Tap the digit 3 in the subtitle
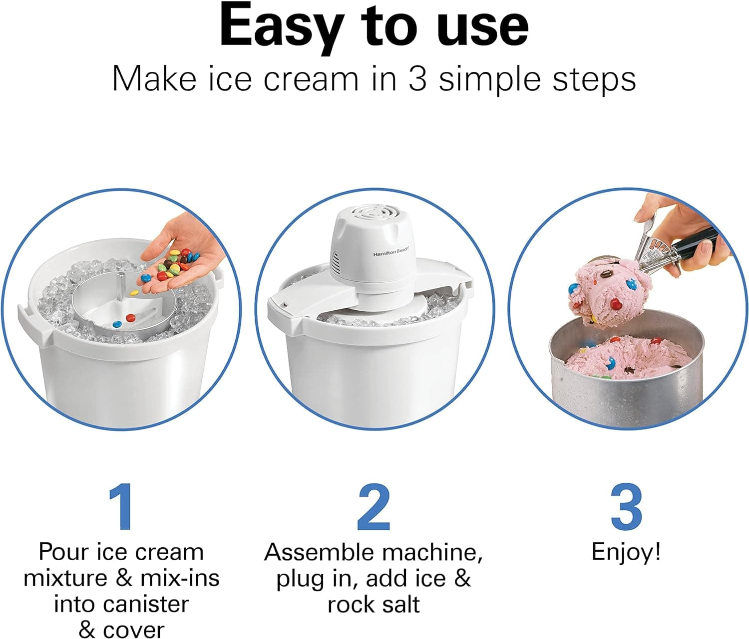(417, 79)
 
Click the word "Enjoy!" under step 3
(626, 552)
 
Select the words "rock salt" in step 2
(374, 604)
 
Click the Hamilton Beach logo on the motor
(390, 254)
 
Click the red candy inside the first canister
(130, 318)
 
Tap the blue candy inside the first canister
(116, 324)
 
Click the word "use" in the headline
(482, 27)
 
